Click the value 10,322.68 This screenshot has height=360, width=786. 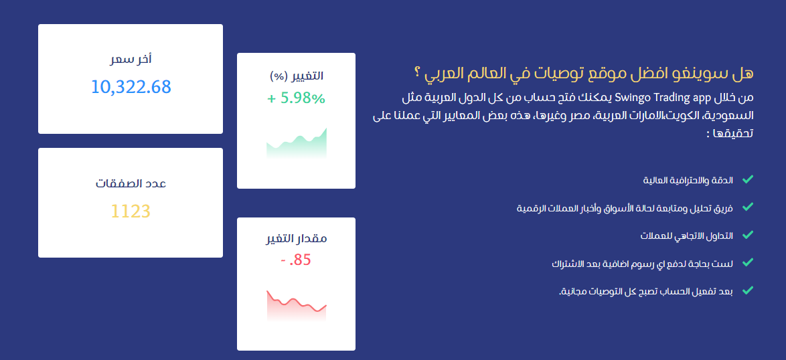point(131,86)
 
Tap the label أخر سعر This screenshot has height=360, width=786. point(131,60)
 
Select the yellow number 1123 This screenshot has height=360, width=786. point(131,211)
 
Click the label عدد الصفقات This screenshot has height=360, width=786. point(131,183)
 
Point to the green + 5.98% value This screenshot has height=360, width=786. point(296,98)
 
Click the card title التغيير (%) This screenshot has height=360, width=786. point(296,76)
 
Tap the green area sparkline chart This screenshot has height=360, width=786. point(296,144)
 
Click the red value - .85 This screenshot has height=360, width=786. point(296,260)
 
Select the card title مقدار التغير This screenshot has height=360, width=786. point(296,238)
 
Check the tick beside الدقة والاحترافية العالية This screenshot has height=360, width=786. point(748,179)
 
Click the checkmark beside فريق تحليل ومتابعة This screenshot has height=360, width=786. point(748,206)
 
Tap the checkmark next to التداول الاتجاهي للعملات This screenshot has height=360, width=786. point(748,234)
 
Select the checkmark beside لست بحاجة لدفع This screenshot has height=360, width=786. point(748,262)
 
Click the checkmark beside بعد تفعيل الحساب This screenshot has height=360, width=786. point(748,290)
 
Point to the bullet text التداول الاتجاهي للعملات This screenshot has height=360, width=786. point(686,236)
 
